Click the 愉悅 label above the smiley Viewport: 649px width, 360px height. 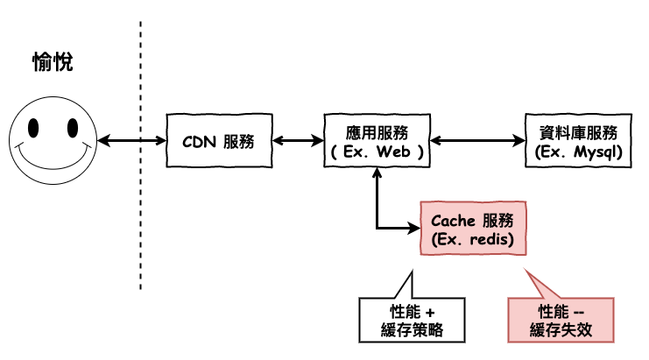point(53,62)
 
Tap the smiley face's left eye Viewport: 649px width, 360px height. point(33,128)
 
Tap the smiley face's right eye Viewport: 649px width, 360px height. point(73,128)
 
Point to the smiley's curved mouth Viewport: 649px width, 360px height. point(53,160)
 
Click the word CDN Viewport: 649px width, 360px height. point(199,142)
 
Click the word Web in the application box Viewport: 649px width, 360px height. point(393,152)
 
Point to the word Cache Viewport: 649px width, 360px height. point(453,221)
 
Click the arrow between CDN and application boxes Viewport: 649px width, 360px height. point(298,141)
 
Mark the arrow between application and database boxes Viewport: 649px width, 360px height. point(477,141)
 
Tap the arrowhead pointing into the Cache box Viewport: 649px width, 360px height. point(414,228)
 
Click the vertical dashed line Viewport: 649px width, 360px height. point(140,155)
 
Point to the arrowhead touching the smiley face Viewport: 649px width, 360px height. point(103,141)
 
